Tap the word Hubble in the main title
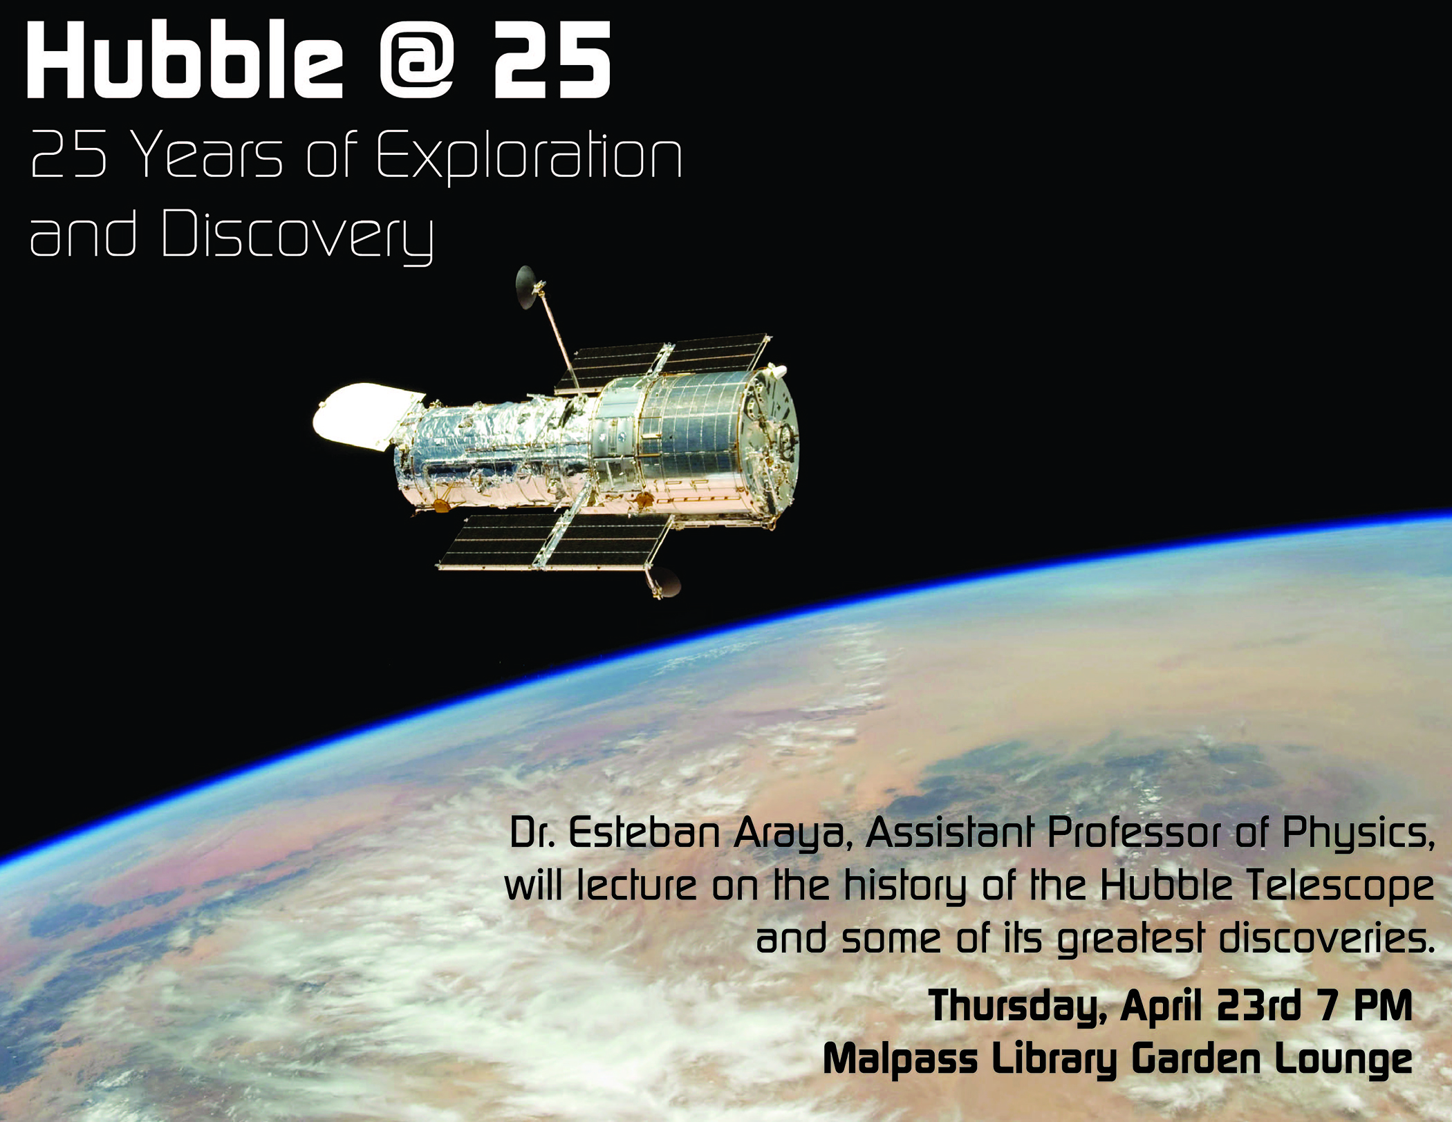[185, 59]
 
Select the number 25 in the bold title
[552, 60]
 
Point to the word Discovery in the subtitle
[298, 235]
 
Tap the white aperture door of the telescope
[368, 416]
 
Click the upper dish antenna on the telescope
[527, 287]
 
